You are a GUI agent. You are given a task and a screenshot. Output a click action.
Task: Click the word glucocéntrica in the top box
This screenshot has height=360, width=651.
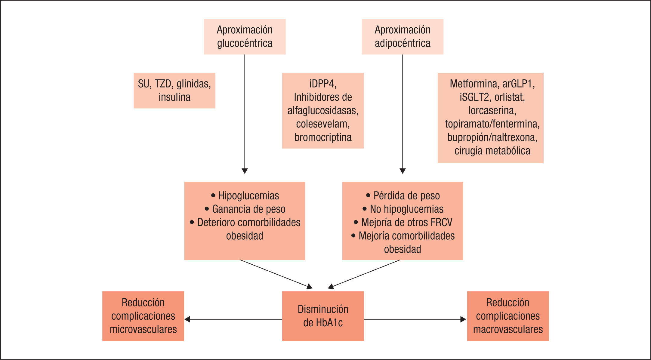[245, 43]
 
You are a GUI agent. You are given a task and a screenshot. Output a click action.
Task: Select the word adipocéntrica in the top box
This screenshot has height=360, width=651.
[403, 43]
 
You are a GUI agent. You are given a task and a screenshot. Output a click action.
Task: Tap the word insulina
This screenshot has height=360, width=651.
[174, 97]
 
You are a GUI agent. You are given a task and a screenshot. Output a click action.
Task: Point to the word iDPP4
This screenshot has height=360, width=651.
[322, 84]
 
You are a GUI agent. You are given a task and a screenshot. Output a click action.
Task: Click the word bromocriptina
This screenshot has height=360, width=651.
[323, 137]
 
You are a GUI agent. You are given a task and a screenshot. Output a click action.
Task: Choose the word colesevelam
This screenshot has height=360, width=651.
[322, 124]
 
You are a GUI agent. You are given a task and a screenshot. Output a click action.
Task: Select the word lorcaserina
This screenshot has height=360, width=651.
[492, 111]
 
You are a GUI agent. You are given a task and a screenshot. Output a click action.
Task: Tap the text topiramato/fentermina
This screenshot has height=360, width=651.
[492, 124]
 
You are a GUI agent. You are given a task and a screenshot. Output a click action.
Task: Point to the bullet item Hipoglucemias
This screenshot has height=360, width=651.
[248, 196]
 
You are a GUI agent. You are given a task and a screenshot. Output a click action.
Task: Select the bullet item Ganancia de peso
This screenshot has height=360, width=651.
[248, 209]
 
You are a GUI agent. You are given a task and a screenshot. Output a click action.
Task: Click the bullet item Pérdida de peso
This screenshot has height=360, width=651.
[406, 196]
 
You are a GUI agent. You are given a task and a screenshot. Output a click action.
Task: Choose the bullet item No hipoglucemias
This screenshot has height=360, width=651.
[406, 209]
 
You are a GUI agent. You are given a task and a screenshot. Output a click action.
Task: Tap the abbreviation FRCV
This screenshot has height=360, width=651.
[441, 223]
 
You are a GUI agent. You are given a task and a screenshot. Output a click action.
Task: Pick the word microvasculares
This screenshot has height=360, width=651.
[143, 330]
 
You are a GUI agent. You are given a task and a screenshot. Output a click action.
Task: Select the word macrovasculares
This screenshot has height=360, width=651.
[508, 330]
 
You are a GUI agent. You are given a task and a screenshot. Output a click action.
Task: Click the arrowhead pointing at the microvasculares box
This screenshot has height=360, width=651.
[187, 319]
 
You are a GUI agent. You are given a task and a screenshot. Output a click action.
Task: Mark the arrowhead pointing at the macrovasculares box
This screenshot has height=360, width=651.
[463, 319]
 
